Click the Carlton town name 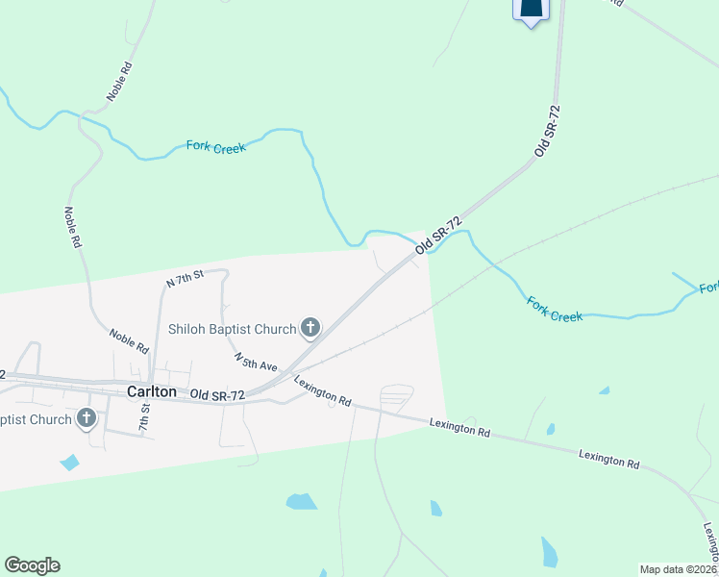coord(151,392)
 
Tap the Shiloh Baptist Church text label coord(232,330)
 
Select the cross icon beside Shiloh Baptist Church coord(310,329)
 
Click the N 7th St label coord(185,279)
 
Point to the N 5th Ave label coord(256,362)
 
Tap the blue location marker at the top coord(531,10)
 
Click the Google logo coord(32,565)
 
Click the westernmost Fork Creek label coord(216,146)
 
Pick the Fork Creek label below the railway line coord(555,309)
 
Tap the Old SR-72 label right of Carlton coord(217,395)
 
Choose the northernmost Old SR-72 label coord(547,132)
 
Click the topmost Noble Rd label coord(119,83)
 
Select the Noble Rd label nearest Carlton coord(129,340)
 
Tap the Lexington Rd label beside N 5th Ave coord(323,391)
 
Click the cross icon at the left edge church coord(87,418)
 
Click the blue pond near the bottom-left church coord(69,463)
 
